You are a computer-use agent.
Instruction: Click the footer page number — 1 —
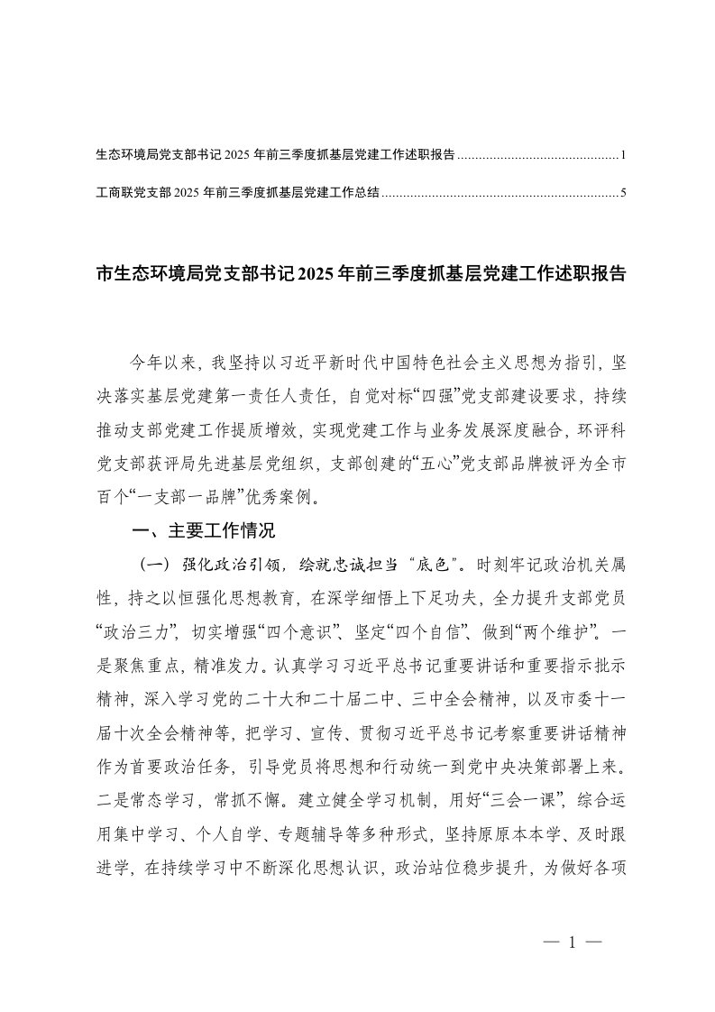coord(573,942)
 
